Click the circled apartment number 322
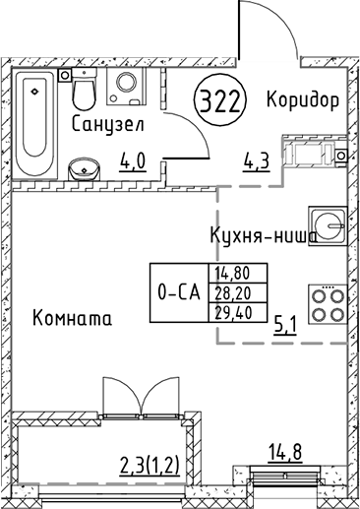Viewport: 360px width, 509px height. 222,101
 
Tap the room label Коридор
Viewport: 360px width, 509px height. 303,100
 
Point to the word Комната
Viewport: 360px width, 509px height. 71,319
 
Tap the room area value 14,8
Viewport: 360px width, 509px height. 283,452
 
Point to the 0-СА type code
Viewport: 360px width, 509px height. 179,292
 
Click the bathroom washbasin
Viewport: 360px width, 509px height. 83,167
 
